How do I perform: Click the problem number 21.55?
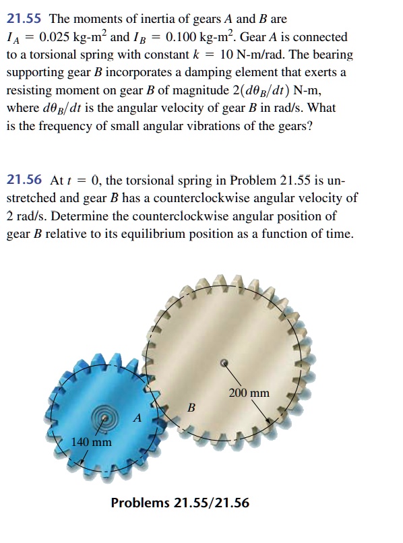[24, 20]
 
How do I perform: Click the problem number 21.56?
[24, 181]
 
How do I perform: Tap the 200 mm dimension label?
[249, 393]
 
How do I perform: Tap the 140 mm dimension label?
[92, 443]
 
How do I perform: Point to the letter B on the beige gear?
[191, 408]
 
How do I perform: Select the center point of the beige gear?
[225, 362]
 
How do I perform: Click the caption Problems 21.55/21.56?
[175, 503]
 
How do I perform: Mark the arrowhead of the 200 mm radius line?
[273, 421]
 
